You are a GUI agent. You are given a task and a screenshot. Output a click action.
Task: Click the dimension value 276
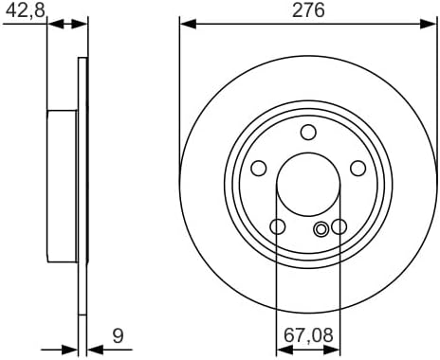click(x=308, y=9)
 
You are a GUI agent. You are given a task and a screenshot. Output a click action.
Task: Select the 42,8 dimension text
click(x=26, y=10)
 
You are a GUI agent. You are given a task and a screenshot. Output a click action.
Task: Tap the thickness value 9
click(x=118, y=335)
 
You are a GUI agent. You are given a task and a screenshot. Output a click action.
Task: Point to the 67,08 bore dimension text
click(x=308, y=335)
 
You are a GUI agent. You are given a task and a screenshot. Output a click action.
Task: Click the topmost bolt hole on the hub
click(x=308, y=132)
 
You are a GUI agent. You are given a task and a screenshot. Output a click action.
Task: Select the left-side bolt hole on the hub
click(x=259, y=168)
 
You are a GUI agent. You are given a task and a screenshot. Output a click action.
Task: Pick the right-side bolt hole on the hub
click(x=358, y=168)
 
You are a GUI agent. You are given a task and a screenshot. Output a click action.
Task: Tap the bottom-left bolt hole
click(x=278, y=226)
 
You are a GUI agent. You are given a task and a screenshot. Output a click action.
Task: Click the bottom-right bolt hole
click(x=339, y=226)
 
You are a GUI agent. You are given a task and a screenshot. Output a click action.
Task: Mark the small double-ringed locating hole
click(x=321, y=228)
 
